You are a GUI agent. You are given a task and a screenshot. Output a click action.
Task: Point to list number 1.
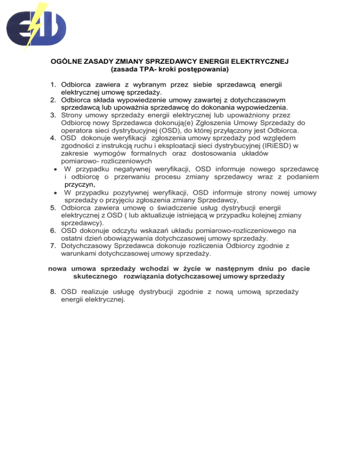coord(53,84)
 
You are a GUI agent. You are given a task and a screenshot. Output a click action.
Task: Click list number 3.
coord(53,115)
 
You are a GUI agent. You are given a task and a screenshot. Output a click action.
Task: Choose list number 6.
coord(53,231)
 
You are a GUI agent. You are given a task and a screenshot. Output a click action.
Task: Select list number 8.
coord(53,292)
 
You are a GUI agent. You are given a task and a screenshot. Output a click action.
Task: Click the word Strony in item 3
coord(73,115)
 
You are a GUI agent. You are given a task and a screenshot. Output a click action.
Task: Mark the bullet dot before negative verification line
coord(55,169)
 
